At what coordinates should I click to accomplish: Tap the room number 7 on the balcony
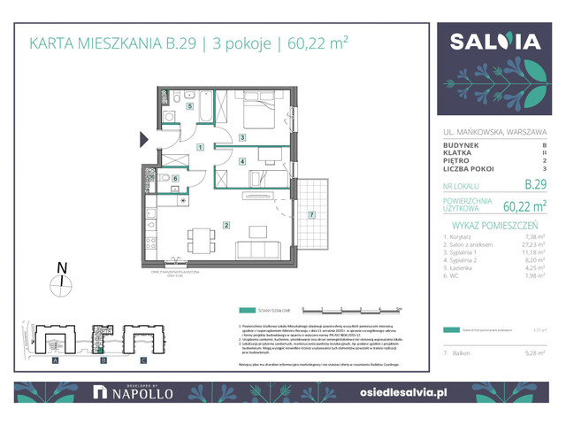311,215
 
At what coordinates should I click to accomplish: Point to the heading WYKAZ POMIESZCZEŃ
495,225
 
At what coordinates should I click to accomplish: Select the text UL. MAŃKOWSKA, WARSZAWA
495,133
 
